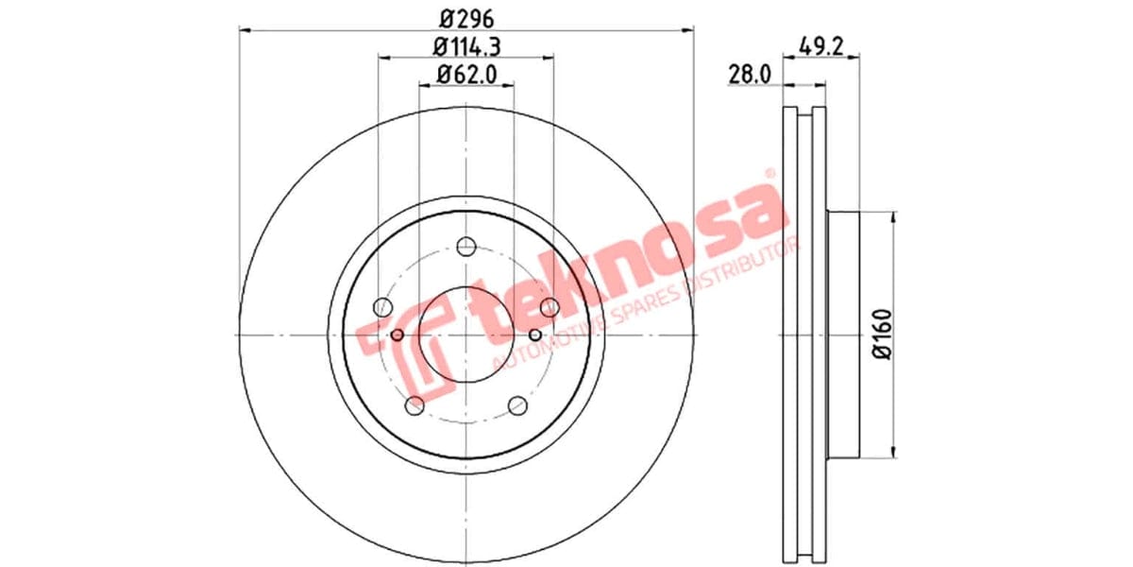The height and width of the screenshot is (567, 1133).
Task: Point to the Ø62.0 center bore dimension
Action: pyautogui.click(x=466, y=73)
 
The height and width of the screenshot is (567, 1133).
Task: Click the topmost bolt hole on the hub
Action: pyautogui.click(x=465, y=248)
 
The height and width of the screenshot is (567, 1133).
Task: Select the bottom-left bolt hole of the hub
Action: pyautogui.click(x=414, y=405)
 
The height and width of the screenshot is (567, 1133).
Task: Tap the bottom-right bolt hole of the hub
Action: pyautogui.click(x=516, y=405)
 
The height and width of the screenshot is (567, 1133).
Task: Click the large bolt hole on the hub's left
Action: pyautogui.click(x=382, y=307)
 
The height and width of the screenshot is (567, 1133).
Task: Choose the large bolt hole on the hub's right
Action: pyautogui.click(x=549, y=306)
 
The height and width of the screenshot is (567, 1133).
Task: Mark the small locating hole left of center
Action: pyautogui.click(x=397, y=335)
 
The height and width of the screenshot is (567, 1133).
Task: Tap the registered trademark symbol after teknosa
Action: pyautogui.click(x=769, y=175)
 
